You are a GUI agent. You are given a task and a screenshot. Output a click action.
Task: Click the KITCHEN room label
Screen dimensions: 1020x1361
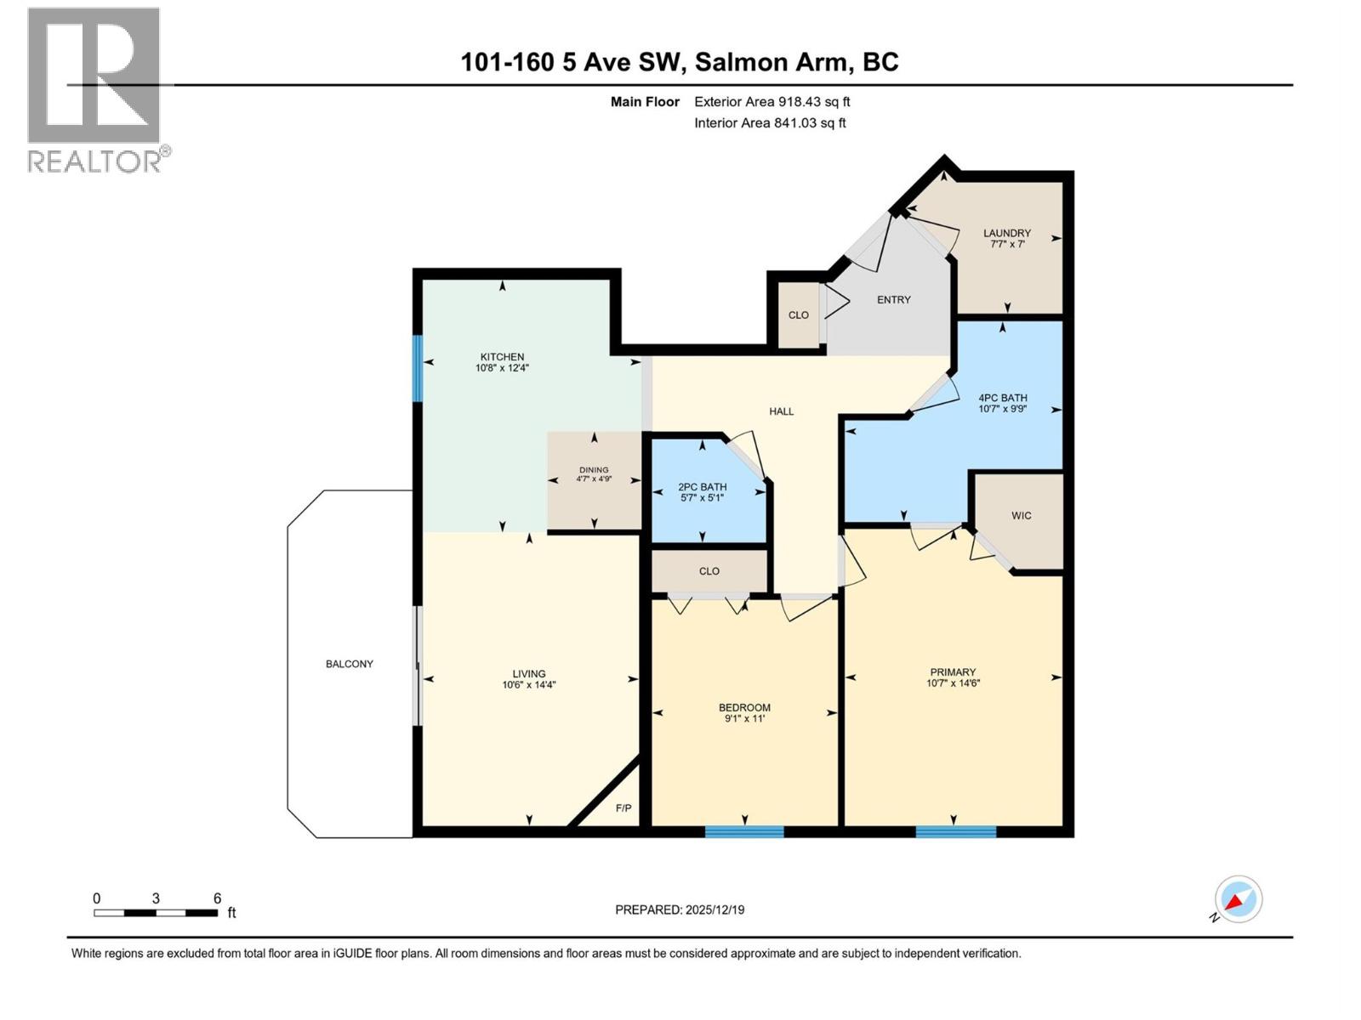pos(502,357)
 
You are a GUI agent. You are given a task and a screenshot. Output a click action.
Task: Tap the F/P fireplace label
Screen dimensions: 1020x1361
pos(624,808)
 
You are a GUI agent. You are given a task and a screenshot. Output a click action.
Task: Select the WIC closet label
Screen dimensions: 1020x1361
pos(1021,516)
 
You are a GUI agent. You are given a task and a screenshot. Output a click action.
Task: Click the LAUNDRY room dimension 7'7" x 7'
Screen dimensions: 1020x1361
pos(1007,244)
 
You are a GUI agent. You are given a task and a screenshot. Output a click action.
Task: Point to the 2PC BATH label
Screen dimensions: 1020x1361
pos(702,487)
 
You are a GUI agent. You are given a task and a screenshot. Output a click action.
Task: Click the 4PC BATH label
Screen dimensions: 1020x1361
pos(1002,398)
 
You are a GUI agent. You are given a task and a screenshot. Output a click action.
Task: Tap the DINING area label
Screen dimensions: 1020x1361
pos(594,470)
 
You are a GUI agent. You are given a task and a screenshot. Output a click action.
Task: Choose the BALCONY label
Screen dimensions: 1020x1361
pos(350,664)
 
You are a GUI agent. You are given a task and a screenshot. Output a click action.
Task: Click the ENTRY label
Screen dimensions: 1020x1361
pos(893,300)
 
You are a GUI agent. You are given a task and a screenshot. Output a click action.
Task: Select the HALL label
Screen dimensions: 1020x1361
pos(781,411)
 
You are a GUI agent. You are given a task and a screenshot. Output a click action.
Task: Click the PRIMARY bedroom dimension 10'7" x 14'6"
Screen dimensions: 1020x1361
pos(954,683)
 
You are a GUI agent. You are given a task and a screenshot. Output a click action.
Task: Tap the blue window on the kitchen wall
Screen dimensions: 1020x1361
pos(418,368)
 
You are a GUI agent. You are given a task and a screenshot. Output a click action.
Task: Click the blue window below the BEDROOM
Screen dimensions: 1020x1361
pos(744,831)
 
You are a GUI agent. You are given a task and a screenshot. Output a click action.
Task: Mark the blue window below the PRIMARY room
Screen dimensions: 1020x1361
pos(955,831)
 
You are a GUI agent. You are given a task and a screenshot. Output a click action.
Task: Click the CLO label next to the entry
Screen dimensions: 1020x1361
pos(798,315)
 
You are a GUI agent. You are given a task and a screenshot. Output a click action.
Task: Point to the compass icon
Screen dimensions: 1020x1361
pos(1238,899)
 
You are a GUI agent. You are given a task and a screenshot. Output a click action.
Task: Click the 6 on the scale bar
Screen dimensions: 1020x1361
pos(218,898)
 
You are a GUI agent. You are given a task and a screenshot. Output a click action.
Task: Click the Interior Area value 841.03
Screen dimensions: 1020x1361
pos(794,123)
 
